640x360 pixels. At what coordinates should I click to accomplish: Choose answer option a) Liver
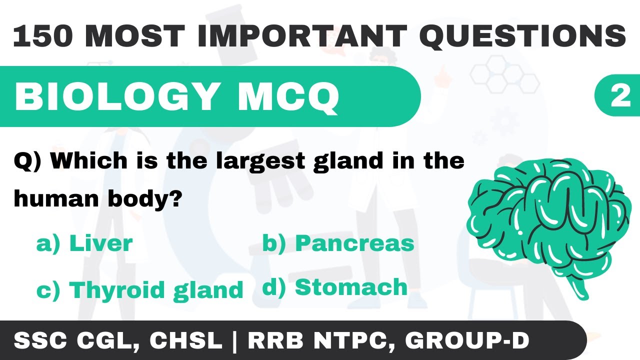tap(84, 243)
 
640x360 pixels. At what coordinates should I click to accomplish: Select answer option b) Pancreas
tap(338, 243)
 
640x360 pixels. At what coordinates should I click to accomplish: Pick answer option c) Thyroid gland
tap(139, 290)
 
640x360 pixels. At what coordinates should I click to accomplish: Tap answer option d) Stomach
tap(334, 287)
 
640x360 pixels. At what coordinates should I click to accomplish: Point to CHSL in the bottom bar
tap(185, 340)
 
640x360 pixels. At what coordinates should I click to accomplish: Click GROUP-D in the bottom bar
tap(467, 340)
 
